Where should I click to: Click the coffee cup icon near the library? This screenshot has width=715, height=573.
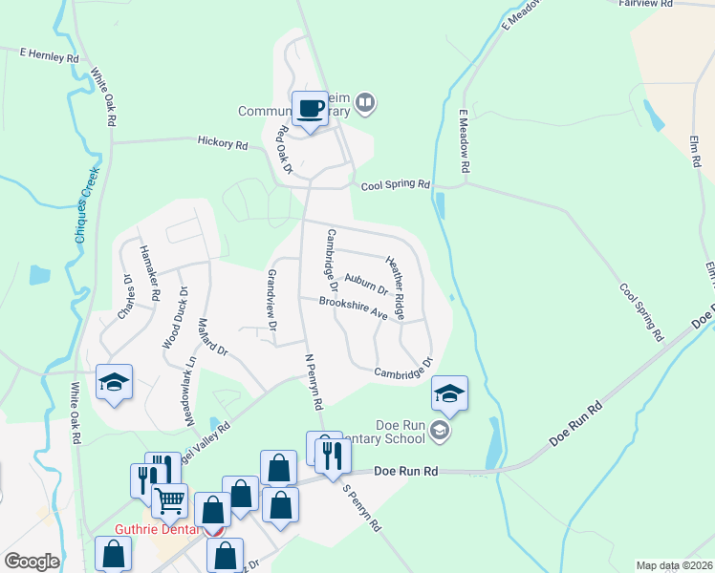coord(309,109)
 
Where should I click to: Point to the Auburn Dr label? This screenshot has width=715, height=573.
coord(365,282)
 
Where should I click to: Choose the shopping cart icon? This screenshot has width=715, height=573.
coord(169,499)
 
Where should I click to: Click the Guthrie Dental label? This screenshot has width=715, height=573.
coord(156,529)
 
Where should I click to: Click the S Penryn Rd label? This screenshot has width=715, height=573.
coord(362,507)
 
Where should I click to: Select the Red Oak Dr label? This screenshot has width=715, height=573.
coord(284,151)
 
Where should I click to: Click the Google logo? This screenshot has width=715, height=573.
coord(32,562)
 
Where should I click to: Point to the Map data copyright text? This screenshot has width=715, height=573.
coord(674,565)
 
